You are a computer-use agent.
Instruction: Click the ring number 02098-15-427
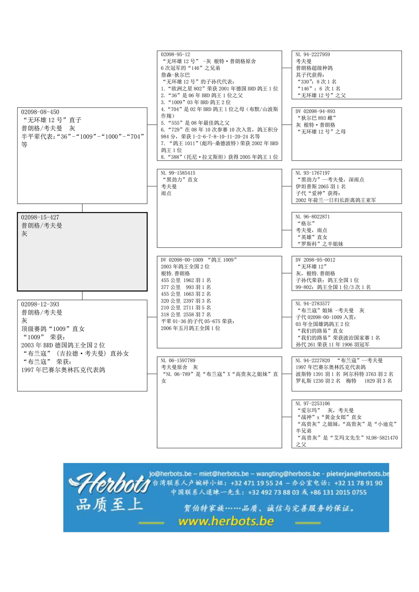coord(40,217)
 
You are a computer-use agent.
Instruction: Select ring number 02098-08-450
coord(40,112)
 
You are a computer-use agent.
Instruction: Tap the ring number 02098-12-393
coord(40,304)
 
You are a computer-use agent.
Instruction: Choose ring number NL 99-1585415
coord(178,173)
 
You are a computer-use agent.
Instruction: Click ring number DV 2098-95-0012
coord(315,260)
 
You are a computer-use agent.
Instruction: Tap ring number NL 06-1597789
coord(178,361)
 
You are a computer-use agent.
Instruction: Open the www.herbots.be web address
coord(226,521)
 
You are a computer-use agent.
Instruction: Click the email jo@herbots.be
coord(170,474)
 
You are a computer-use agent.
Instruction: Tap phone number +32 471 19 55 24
coord(256,483)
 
